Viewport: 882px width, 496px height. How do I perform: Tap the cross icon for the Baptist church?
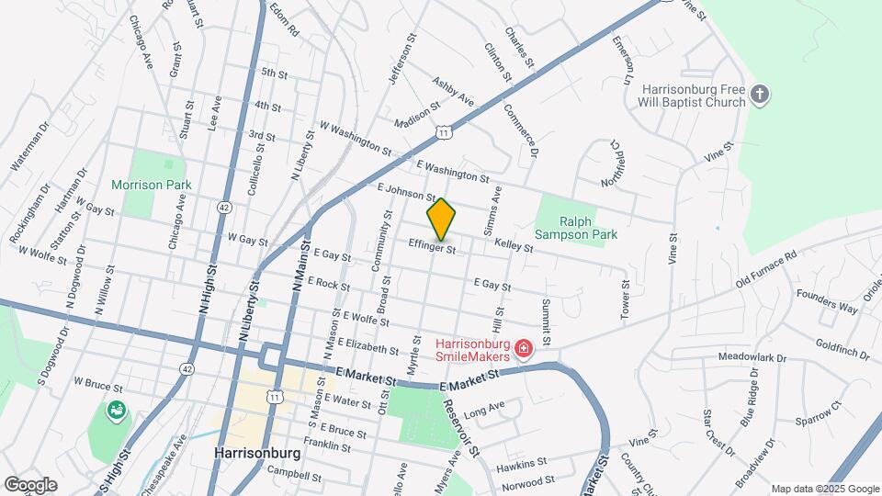(x=759, y=94)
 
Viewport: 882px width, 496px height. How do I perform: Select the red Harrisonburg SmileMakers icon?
(x=524, y=349)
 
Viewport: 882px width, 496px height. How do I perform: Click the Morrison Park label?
(x=152, y=185)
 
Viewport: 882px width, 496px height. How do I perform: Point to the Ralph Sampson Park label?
(x=576, y=228)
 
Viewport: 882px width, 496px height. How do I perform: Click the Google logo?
(x=30, y=485)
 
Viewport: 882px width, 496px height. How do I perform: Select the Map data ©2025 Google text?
(x=824, y=488)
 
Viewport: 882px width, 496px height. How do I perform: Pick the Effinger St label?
(x=433, y=246)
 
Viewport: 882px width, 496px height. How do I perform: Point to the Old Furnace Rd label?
(x=765, y=272)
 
